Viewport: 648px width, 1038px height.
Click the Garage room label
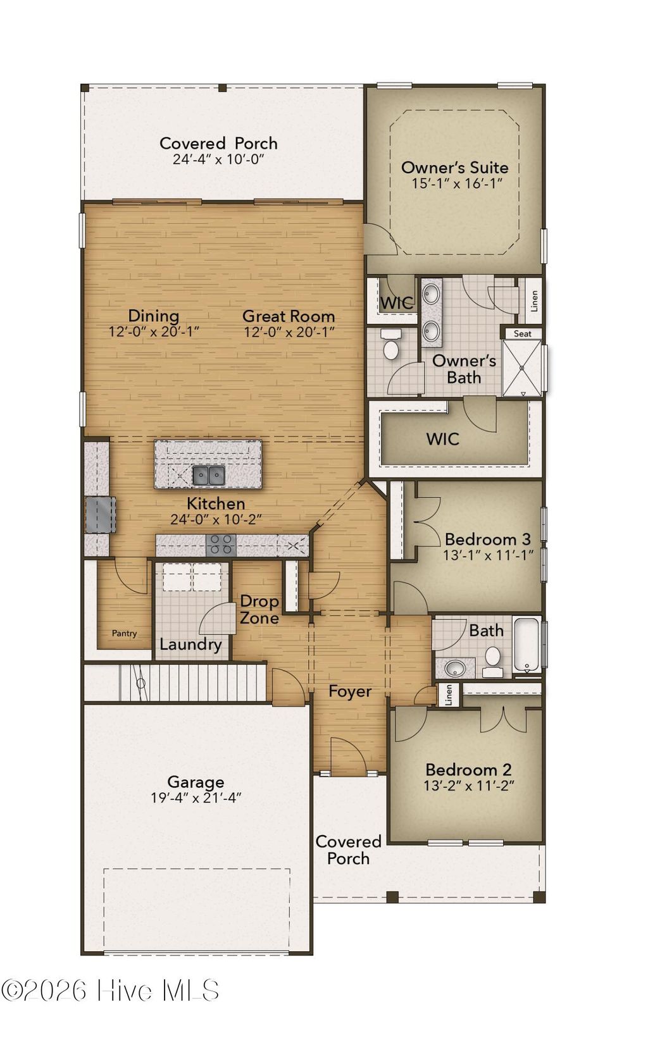(196, 782)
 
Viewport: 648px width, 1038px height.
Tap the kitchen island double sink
(209, 475)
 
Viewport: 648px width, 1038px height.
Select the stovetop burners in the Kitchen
(221, 545)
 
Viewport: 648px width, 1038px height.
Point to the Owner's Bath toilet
(391, 344)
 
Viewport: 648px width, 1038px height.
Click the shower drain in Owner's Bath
(522, 368)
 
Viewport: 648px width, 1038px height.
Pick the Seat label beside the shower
(522, 333)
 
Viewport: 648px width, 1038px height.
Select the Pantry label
(124, 633)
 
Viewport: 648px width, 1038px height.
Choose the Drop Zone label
(259, 609)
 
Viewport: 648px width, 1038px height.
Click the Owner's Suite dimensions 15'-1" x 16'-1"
(457, 183)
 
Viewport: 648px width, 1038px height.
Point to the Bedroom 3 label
(488, 540)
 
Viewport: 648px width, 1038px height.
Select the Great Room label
(289, 316)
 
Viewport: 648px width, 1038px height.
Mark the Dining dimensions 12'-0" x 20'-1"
(154, 332)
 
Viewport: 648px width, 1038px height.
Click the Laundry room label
(190, 645)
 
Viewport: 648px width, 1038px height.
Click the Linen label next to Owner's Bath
(535, 300)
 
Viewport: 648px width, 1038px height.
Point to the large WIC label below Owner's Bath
(443, 439)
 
